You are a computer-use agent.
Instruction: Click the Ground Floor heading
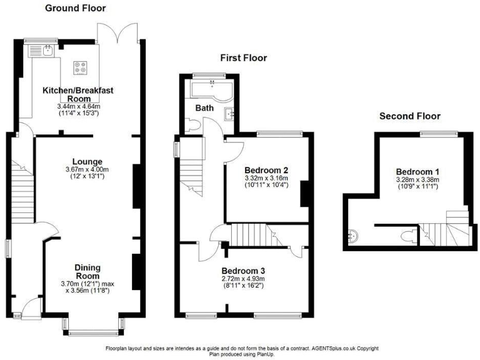point(76,8)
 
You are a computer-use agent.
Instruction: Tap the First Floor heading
point(243,58)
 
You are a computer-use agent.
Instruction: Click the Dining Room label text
point(87,271)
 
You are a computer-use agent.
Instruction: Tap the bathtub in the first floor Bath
point(209,91)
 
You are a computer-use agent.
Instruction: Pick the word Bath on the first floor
point(204,107)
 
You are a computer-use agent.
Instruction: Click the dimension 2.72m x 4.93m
point(243,279)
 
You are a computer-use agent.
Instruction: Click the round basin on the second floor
point(354,236)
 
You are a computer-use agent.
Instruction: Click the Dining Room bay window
point(92,328)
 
